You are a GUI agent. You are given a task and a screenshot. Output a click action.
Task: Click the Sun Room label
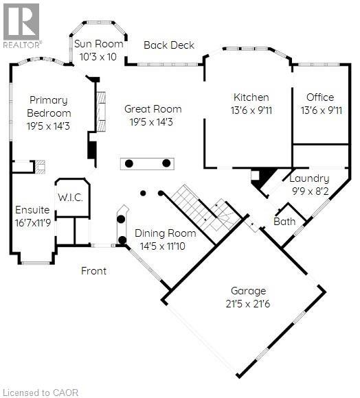pos(98,44)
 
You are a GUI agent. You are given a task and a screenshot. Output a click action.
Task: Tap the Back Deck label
pos(169,45)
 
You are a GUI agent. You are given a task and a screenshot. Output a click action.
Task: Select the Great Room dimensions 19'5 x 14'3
pos(151,122)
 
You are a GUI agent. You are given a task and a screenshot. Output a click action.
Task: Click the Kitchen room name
pos(251,97)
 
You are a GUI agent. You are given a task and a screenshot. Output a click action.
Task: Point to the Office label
pos(320,97)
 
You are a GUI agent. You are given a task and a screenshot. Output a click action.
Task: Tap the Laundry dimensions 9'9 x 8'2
pos(311,191)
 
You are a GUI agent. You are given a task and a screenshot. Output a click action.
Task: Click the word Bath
pos(284,222)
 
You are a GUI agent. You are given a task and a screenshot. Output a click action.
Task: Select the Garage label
pos(248,291)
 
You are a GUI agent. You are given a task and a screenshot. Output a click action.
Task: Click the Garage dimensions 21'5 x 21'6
pos(248,304)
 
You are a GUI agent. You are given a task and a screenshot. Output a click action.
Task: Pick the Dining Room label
pos(166,233)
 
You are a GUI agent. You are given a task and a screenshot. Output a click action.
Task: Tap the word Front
pos(93,271)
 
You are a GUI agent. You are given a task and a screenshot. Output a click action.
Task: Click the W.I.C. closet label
pos(70,198)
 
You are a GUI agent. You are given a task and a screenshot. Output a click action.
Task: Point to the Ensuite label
pos(32,210)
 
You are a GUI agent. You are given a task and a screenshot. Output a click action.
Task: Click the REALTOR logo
pos(21,26)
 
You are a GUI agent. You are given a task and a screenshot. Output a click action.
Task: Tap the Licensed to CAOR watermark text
pos(42,393)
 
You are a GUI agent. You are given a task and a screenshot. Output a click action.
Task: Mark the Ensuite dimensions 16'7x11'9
pos(33,223)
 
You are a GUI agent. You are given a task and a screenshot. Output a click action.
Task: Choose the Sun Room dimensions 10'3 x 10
pos(98,57)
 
